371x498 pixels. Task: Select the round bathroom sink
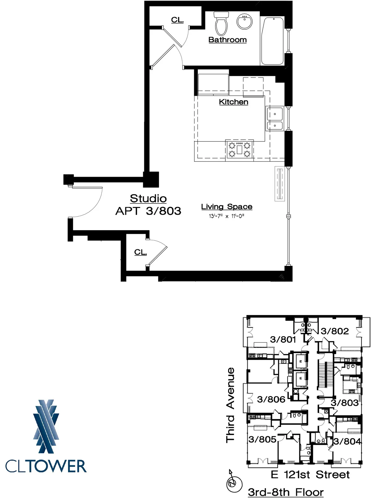click(245, 21)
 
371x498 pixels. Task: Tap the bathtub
click(272, 41)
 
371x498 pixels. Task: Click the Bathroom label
click(227, 40)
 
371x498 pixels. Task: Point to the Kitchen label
click(233, 102)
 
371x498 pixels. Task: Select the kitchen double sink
click(275, 119)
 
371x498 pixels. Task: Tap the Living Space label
click(227, 207)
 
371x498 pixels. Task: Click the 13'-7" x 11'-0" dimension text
click(226, 216)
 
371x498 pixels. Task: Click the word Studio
click(148, 198)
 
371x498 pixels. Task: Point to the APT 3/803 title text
click(148, 211)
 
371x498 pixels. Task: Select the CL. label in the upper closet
click(177, 20)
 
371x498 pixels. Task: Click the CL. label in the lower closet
click(140, 252)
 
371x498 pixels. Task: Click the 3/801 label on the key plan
click(283, 340)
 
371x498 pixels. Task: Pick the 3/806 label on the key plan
click(271, 399)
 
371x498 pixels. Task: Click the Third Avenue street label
click(230, 405)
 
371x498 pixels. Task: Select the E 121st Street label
click(310, 475)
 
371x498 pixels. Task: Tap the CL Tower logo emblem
click(46, 426)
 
